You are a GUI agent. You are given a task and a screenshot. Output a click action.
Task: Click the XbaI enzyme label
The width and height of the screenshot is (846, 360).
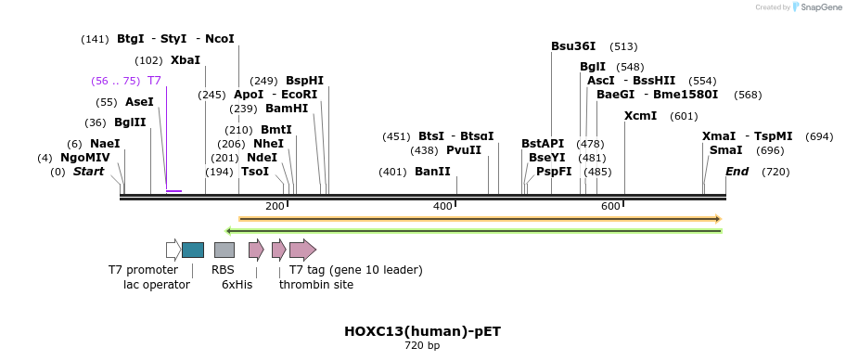tap(186, 60)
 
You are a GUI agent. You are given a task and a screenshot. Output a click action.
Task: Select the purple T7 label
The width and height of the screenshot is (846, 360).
tap(154, 81)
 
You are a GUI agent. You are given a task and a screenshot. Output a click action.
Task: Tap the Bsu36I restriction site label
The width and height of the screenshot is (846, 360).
tap(573, 46)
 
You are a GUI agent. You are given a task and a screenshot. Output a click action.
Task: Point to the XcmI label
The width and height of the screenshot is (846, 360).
tap(640, 116)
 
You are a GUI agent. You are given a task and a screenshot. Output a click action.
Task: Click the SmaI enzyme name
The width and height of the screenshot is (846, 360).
tap(725, 150)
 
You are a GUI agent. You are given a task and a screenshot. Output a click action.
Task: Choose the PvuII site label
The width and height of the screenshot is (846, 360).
tap(464, 150)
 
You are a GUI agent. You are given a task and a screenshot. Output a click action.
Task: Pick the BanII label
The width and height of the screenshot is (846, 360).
tap(432, 172)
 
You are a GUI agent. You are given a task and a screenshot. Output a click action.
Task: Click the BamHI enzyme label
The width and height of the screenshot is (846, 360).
tap(287, 109)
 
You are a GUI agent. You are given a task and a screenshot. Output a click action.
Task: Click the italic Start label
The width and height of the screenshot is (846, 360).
tap(88, 172)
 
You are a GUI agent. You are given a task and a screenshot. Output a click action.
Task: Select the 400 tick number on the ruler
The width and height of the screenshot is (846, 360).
tap(442, 206)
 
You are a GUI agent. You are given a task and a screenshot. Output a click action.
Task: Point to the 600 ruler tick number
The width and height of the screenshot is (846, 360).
tap(610, 206)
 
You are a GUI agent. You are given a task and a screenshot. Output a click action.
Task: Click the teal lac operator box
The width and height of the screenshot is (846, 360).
tap(193, 250)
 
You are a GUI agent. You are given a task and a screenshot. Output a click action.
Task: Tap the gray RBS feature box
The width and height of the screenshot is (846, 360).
tap(224, 250)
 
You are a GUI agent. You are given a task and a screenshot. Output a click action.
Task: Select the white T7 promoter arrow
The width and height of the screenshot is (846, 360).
tap(173, 250)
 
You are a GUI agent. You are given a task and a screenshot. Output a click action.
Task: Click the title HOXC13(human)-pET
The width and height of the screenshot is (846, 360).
tap(422, 331)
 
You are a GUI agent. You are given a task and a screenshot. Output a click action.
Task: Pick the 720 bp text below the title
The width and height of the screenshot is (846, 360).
tap(422, 346)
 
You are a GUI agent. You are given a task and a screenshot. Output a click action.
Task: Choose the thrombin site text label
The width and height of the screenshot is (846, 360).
tap(316, 285)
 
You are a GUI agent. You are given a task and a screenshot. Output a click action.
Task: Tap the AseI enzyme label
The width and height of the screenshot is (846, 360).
tap(139, 102)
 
